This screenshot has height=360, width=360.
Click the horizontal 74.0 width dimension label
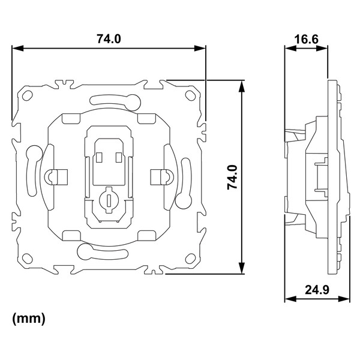pyautogui.click(x=109, y=38)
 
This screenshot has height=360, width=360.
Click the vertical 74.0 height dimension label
pyautogui.click(x=232, y=177)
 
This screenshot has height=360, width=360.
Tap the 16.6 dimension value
pyautogui.click(x=306, y=39)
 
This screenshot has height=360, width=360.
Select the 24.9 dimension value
pyautogui.click(x=317, y=290)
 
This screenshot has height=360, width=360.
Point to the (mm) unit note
pyautogui.click(x=29, y=319)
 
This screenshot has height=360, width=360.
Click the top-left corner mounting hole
pyautogui.click(x=28, y=95)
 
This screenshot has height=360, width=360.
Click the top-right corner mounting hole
pyautogui.click(x=190, y=95)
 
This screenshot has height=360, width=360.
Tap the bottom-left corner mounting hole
pyautogui.click(x=28, y=258)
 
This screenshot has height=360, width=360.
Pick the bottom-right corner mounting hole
pyautogui.click(x=190, y=259)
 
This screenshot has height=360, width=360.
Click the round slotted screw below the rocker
pyautogui.click(x=109, y=200)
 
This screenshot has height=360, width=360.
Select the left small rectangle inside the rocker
pyautogui.click(x=99, y=157)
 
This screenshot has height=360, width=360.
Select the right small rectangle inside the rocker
pyautogui.click(x=119, y=157)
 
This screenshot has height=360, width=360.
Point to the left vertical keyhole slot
pyautogui.click(x=33, y=170)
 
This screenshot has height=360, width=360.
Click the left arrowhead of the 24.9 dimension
pyautogui.click(x=290, y=299)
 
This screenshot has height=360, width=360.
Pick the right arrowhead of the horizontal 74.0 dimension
pyautogui.click(x=200, y=48)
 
